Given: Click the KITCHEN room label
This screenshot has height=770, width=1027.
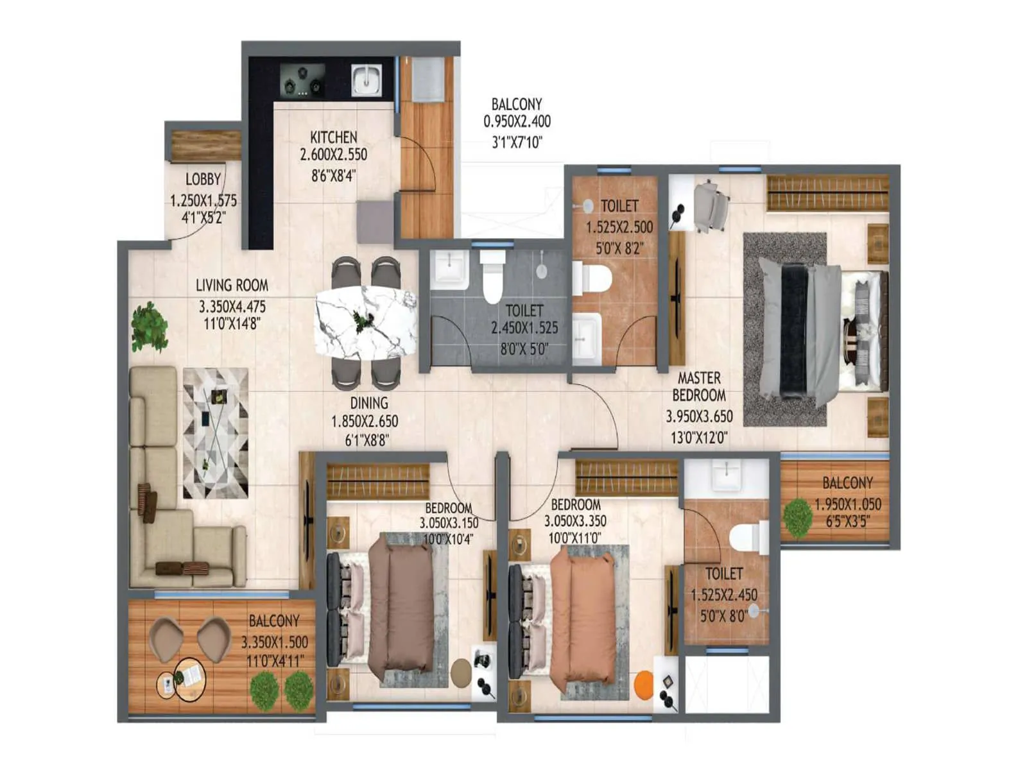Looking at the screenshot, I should pyautogui.click(x=334, y=137).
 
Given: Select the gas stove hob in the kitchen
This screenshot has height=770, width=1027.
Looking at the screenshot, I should pyautogui.click(x=302, y=80).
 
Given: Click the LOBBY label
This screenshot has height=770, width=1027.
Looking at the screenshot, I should pyautogui.click(x=203, y=180).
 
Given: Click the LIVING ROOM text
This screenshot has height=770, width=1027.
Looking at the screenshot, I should pyautogui.click(x=232, y=286).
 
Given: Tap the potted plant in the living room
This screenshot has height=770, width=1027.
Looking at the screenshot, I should pyautogui.click(x=149, y=326).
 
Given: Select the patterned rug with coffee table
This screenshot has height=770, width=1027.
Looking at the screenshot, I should pyautogui.click(x=216, y=433).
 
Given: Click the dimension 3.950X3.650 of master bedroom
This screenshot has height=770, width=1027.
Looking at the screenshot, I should pyautogui.click(x=699, y=416).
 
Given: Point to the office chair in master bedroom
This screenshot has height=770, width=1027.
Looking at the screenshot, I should pyautogui.click(x=712, y=205).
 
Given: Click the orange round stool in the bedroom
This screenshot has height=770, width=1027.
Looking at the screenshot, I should pyautogui.click(x=644, y=683).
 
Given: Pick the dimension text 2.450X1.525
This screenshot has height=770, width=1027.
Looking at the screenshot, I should pyautogui.click(x=524, y=329).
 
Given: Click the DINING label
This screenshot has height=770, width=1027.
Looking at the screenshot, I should pyautogui.click(x=369, y=403).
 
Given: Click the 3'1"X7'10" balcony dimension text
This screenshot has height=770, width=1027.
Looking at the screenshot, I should pyautogui.click(x=517, y=142).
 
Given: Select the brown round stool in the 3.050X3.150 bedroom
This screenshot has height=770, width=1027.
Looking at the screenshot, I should pyautogui.click(x=462, y=672).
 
